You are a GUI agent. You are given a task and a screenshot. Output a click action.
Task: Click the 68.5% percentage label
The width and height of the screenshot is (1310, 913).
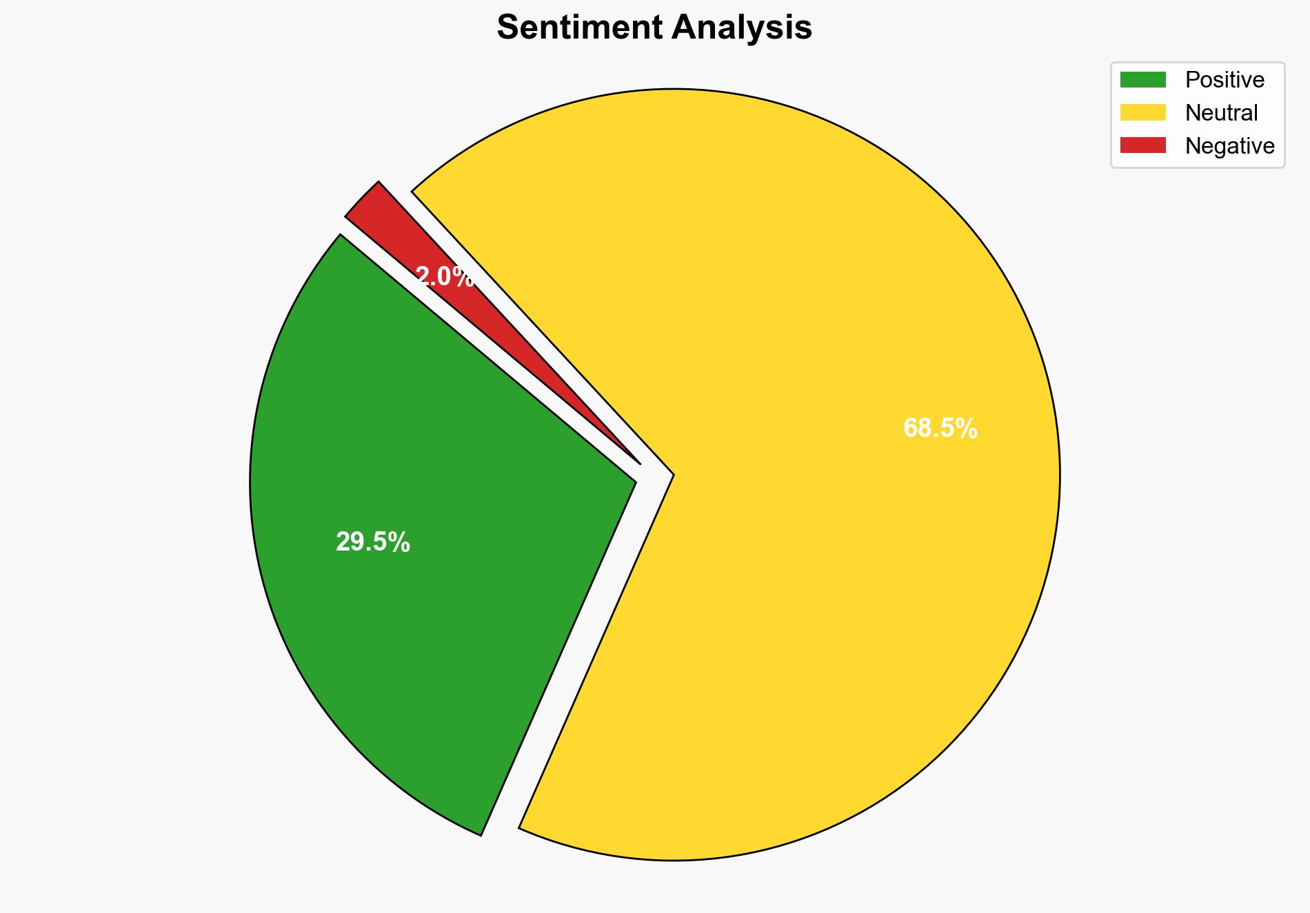point(940,429)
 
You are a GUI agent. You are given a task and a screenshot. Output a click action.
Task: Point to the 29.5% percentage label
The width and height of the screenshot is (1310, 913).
point(372,543)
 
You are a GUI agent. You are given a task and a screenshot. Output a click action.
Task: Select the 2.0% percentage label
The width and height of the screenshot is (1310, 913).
point(445,277)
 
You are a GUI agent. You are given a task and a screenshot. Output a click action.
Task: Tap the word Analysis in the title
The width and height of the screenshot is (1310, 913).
point(742,28)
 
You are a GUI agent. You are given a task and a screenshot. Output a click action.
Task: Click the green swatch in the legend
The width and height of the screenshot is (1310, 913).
point(1142,80)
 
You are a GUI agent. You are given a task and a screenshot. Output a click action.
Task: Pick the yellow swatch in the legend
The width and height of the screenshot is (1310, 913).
point(1142,112)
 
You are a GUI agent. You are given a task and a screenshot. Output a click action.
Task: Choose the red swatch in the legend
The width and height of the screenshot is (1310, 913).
point(1142,145)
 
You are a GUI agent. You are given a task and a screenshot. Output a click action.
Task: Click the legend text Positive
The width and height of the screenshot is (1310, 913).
point(1225,80)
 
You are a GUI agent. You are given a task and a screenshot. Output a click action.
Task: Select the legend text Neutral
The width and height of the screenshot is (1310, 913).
point(1221,112)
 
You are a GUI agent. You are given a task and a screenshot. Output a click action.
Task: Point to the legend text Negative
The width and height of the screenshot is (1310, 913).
point(1229,145)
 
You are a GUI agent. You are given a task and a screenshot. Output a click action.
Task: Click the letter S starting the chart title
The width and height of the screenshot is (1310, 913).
point(507,28)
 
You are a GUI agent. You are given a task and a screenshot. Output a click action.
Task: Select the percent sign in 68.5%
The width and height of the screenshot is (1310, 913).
point(968,429)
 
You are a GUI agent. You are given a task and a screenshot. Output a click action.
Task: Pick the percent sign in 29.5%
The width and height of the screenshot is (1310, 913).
point(401,543)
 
